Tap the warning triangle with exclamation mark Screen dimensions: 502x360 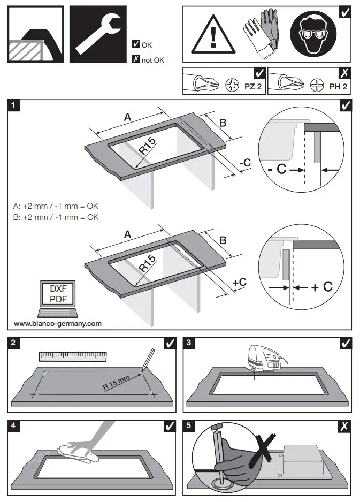(213, 36)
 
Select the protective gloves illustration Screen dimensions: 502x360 (261, 34)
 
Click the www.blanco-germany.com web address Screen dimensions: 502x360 (57, 324)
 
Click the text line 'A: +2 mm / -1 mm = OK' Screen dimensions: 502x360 (56, 206)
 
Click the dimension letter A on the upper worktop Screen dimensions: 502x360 (127, 117)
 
